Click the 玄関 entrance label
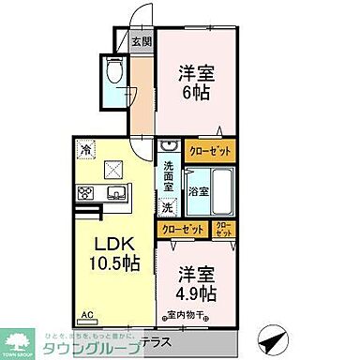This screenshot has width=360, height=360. click(141, 41)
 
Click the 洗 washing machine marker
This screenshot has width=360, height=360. click(169, 206)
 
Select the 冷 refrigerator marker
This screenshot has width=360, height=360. click(85, 147)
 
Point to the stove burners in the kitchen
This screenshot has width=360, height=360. click(85, 193)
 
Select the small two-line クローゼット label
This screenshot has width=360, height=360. click(225, 228)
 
